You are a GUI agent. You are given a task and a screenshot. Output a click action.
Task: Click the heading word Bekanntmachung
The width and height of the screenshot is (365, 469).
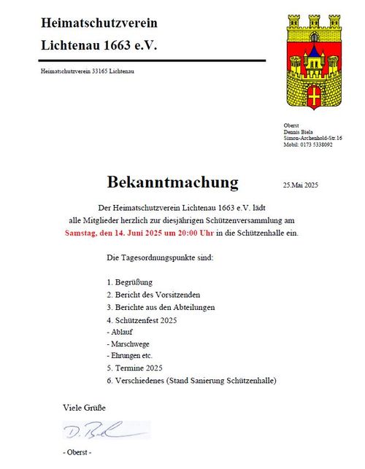tap(172, 182)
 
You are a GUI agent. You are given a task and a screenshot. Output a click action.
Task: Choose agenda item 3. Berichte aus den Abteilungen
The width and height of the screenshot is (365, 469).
tap(161, 308)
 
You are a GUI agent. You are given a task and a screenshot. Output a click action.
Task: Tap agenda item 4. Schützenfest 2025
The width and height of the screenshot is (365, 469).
tap(141, 321)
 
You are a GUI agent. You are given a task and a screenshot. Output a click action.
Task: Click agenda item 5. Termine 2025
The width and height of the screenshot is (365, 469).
tap(134, 368)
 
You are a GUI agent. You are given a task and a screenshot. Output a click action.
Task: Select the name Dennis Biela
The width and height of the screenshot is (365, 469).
tap(299, 131)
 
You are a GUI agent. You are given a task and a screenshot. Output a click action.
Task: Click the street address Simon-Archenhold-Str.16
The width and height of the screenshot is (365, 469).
tap(313, 138)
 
